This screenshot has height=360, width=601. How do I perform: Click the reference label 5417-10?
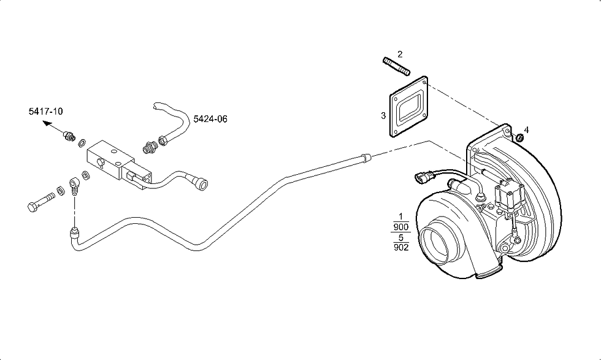tap(45, 112)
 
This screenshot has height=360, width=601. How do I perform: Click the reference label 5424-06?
tap(210, 119)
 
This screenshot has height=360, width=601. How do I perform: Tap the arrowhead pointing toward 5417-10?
tap(47, 123)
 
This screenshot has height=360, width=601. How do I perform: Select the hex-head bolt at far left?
tap(41, 202)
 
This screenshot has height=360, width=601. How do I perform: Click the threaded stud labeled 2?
tap(396, 66)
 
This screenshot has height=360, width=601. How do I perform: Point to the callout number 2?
tap(400, 54)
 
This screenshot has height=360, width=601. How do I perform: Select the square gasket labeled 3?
tap(408, 106)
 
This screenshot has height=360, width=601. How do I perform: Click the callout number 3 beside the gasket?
tap(383, 115)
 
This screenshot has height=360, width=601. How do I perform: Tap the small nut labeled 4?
tap(519, 137)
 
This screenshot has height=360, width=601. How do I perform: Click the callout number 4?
tap(526, 130)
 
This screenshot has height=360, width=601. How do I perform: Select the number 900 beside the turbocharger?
tap(401, 227)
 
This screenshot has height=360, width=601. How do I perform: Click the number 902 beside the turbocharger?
tap(401, 247)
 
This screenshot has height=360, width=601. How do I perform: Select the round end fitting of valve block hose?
tap(201, 183)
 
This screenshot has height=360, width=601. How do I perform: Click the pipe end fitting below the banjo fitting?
tap(74, 232)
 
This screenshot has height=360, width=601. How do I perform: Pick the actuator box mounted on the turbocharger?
tap(509, 196)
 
